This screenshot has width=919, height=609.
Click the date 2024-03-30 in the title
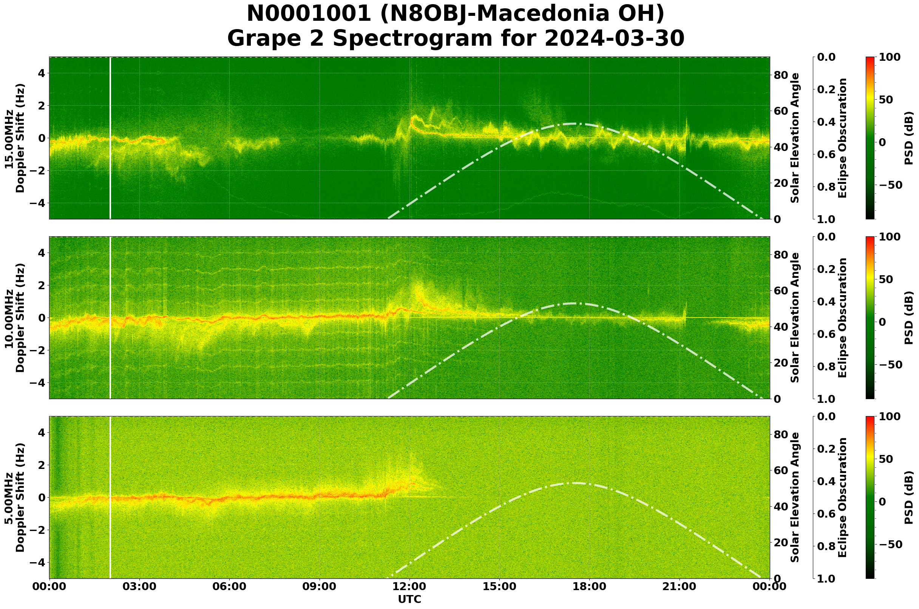pos(614,39)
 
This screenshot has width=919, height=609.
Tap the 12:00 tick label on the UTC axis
pos(409,586)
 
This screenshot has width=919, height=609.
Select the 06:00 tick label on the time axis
pos(229,586)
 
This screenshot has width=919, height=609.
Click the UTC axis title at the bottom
pos(409,600)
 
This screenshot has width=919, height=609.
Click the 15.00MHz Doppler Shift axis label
pos(14,138)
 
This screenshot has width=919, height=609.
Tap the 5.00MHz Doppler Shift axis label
pos(14,498)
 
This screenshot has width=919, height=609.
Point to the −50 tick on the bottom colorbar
pos(890,544)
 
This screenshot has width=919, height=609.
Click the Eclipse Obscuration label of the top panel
pos(842,138)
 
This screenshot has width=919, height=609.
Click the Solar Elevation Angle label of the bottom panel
pos(795,498)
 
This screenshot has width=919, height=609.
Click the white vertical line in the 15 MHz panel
pos(111,138)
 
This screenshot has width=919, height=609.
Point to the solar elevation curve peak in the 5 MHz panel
pos(574,483)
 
